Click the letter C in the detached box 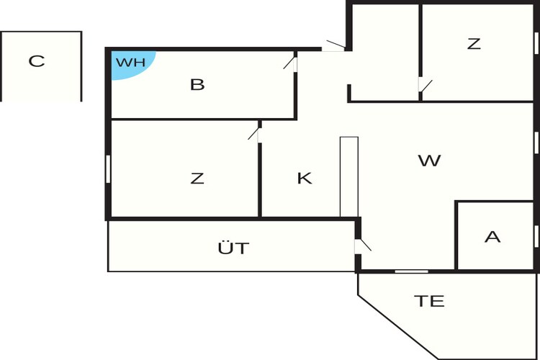point(36,61)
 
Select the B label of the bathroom point(197,85)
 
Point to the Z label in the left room point(197,179)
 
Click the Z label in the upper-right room point(474,44)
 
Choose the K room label point(305,179)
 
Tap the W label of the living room point(429,161)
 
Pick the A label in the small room point(492,237)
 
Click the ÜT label point(233,248)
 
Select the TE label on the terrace point(429,301)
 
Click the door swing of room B point(291,63)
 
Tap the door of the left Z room point(254,134)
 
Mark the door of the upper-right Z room point(424,86)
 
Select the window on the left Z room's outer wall point(108,168)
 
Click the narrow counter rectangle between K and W point(349,176)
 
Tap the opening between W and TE point(411,271)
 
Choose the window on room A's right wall point(536,235)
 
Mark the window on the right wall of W point(536,141)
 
